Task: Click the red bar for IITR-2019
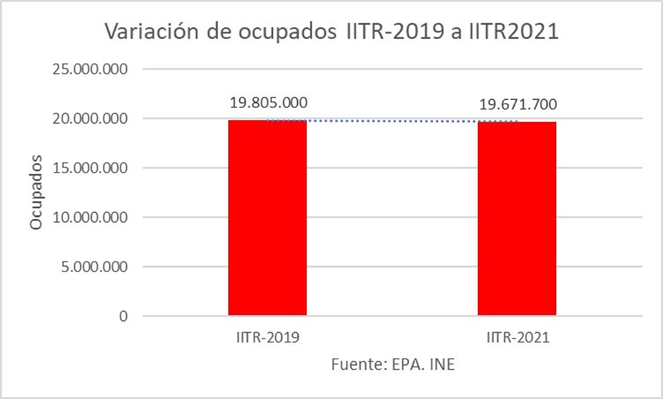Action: [267, 217]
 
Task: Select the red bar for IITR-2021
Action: [517, 218]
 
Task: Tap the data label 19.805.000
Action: [268, 103]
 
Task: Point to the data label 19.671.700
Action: [518, 104]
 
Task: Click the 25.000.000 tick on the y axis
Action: [90, 69]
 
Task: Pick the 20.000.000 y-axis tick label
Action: [90, 119]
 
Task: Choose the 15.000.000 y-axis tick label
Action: [90, 168]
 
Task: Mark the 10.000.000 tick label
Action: [90, 217]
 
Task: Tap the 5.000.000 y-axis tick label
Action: [94, 267]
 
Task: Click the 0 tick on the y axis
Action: [123, 316]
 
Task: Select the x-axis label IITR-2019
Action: [268, 338]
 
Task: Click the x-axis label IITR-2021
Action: [518, 338]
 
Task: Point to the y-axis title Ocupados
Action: [36, 192]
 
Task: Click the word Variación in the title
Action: [152, 31]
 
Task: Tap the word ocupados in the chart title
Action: [287, 32]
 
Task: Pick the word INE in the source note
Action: [442, 364]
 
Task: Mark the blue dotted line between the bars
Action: [391, 121]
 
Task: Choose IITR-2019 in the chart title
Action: [395, 31]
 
